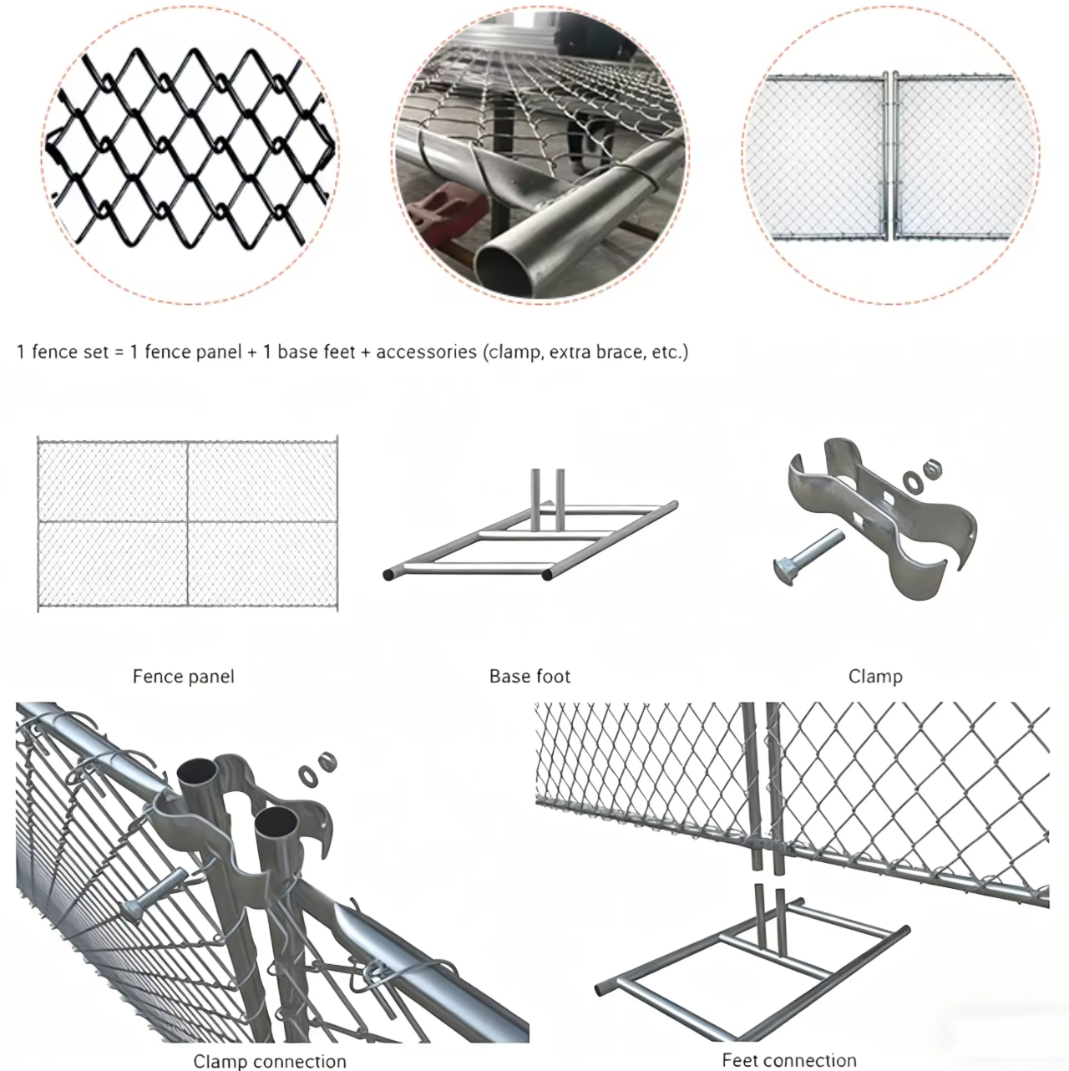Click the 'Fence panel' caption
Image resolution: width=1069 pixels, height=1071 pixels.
click(184, 677)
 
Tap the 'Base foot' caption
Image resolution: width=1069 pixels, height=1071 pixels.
click(529, 676)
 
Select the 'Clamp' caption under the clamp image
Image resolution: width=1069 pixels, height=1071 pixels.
click(875, 677)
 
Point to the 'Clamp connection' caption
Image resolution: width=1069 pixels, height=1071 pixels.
click(270, 1061)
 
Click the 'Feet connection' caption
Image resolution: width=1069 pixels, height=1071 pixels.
click(789, 1060)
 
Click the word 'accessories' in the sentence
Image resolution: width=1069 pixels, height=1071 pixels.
click(426, 352)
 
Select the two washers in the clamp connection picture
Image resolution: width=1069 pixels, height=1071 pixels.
click(317, 769)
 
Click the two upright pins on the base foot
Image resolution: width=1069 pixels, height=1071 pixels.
click(547, 500)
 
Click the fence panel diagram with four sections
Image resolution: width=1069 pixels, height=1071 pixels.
click(187, 524)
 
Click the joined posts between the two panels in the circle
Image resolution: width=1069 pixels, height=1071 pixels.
click(890, 157)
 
